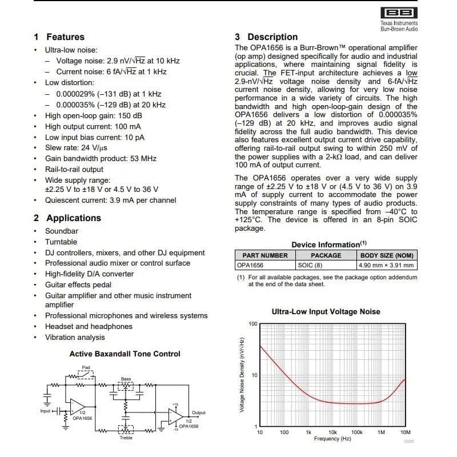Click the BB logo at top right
click(x=399, y=13)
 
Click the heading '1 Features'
click(x=59, y=37)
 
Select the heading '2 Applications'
click(x=67, y=218)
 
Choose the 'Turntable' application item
click(x=61, y=242)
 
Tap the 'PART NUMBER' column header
click(x=264, y=255)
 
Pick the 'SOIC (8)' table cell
click(x=310, y=265)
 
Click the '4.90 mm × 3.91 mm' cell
click(x=386, y=265)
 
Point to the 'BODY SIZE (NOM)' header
click(x=386, y=255)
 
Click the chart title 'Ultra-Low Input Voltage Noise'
click(x=326, y=312)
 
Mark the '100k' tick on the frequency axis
click(x=357, y=433)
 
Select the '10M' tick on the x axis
click(x=406, y=433)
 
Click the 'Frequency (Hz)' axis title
click(x=332, y=439)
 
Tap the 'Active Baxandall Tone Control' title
click(x=125, y=354)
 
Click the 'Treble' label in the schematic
click(x=126, y=438)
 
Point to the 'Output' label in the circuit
click(x=199, y=413)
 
